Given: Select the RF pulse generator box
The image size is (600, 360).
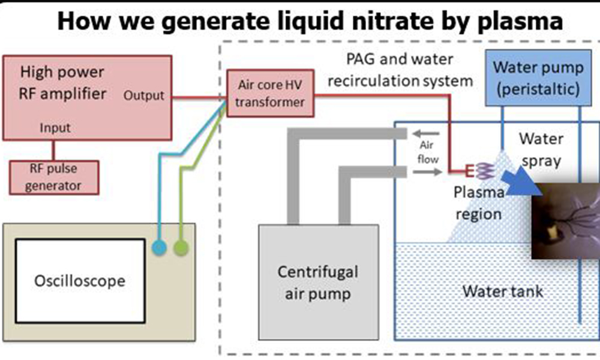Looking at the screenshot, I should pyautogui.click(x=54, y=177).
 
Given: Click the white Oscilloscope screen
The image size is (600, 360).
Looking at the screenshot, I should pyautogui.click(x=80, y=280).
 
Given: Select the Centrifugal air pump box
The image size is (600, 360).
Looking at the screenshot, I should pyautogui.click(x=318, y=283).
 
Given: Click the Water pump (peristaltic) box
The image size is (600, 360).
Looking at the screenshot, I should pyautogui.click(x=536, y=78).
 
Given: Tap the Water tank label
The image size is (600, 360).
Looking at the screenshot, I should pyautogui.click(x=502, y=292).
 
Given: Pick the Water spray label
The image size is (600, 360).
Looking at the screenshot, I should pyautogui.click(x=541, y=151).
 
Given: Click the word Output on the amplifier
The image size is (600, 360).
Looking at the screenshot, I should pyautogui.click(x=144, y=95).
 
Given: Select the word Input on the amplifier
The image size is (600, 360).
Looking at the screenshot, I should pyautogui.click(x=55, y=128).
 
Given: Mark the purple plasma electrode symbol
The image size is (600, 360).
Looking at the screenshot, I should pyautogui.click(x=483, y=172).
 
